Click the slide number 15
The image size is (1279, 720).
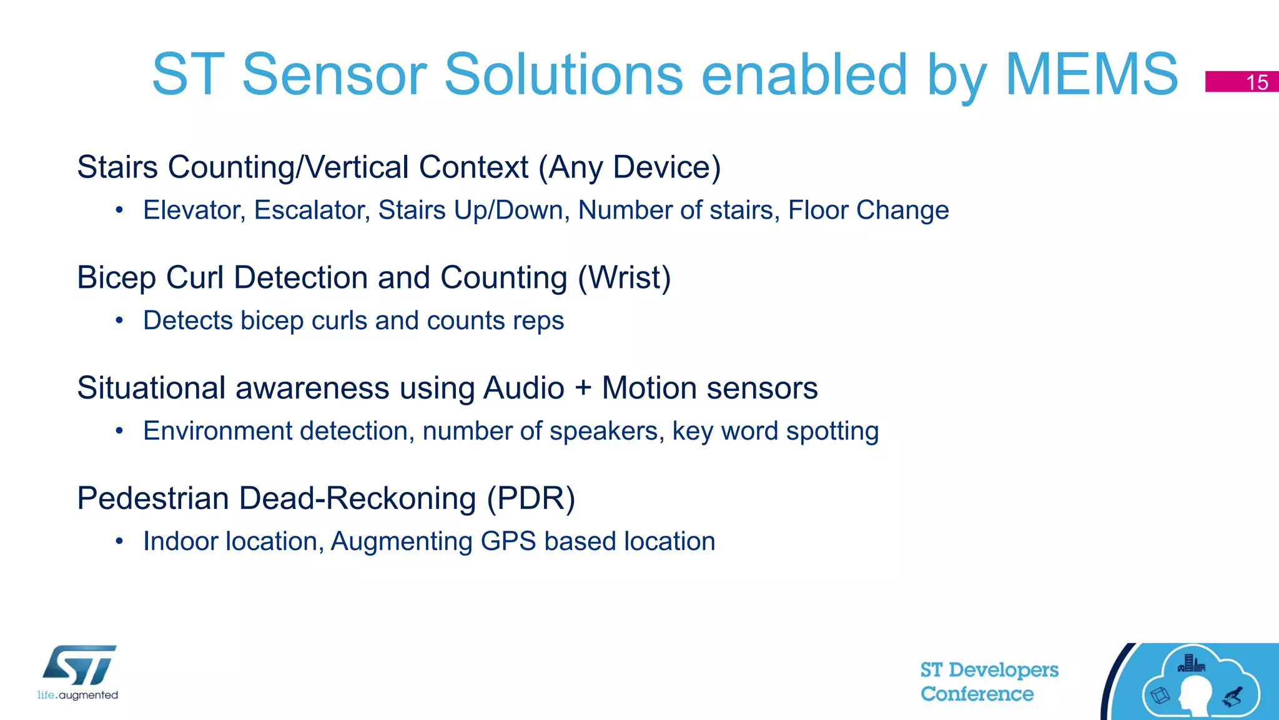(x=1257, y=82)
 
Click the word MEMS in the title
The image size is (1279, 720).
(x=1092, y=74)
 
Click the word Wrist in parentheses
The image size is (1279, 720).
(x=625, y=277)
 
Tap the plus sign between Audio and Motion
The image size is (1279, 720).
(x=583, y=388)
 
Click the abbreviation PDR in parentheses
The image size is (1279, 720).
(x=531, y=498)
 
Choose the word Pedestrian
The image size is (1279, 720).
(x=153, y=498)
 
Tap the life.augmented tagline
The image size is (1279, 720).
(x=77, y=695)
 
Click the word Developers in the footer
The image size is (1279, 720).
(x=1003, y=670)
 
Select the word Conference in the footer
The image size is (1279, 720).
(x=977, y=694)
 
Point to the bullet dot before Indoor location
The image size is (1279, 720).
(x=119, y=541)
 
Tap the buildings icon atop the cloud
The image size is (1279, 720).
(x=1191, y=663)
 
